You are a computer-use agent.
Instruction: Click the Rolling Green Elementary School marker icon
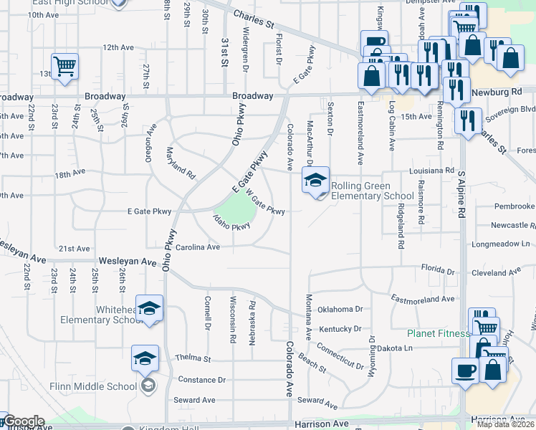pos(315,181)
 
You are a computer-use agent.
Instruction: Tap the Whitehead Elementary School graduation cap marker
pos(150,309)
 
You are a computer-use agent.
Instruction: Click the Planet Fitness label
pos(439,333)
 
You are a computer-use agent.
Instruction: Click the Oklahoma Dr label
pos(340,310)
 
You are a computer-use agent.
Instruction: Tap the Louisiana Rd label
pos(433,171)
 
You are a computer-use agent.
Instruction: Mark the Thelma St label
pos(193,358)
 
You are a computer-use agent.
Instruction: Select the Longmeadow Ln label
pos(501,244)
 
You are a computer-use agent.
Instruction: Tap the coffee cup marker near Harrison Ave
pos(466,371)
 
